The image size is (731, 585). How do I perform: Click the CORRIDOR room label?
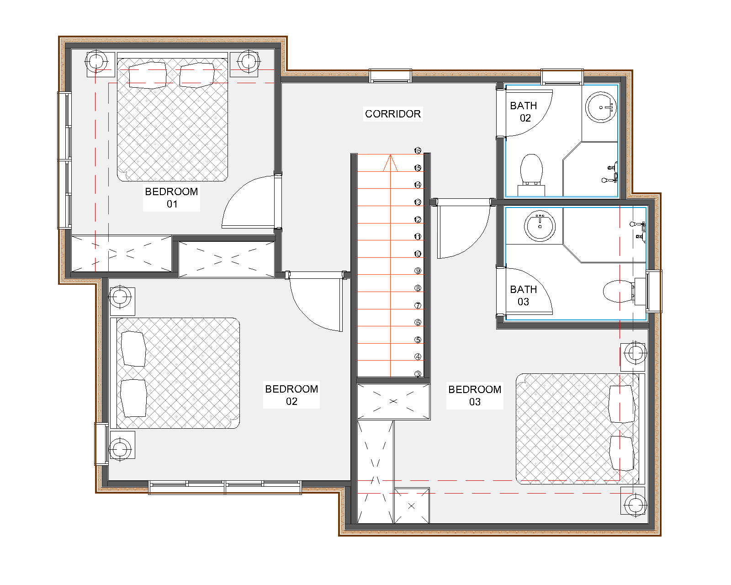click(392, 114)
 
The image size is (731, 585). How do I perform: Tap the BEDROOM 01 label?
click(171, 198)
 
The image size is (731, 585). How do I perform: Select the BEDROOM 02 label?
click(291, 395)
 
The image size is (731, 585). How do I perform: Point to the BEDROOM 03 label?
click(475, 395)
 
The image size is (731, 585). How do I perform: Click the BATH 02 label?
click(524, 112)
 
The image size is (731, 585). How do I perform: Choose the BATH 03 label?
click(524, 295)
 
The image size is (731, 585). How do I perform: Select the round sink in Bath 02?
click(601, 107)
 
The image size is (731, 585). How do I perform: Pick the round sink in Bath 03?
click(540, 226)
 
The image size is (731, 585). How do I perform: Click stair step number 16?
click(418, 150)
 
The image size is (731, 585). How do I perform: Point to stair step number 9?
click(418, 271)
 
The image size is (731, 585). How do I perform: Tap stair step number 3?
click(418, 374)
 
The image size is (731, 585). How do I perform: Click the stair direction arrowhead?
click(390, 163)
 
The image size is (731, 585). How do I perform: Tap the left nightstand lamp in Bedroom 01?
click(96, 62)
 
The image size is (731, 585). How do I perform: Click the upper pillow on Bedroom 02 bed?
click(133, 349)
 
